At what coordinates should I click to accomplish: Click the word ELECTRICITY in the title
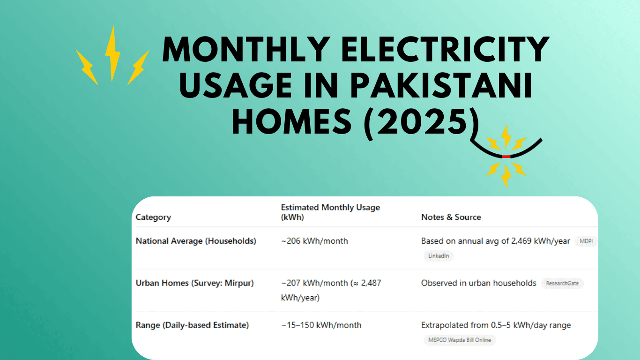click(445, 49)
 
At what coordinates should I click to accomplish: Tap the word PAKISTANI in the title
click(441, 85)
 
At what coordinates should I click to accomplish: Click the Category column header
click(153, 217)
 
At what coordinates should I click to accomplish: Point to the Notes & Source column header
click(451, 217)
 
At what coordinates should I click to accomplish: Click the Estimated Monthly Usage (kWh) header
click(330, 212)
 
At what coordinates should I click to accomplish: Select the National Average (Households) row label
click(196, 241)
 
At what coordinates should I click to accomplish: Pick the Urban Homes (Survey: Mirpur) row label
click(194, 283)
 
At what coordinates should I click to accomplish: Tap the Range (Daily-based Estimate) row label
click(192, 325)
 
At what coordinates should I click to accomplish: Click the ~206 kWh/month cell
click(314, 241)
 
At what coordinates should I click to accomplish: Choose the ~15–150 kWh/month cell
click(321, 325)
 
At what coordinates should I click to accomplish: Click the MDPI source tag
click(586, 241)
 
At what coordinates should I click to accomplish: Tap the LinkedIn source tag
click(439, 256)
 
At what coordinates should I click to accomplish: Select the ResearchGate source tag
click(562, 284)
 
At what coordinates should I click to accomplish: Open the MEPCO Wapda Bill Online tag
click(460, 340)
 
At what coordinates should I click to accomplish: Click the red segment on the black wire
click(506, 157)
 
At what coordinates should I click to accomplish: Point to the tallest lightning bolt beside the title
click(112, 54)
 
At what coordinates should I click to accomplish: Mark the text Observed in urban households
click(478, 283)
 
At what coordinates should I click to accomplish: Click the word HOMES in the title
click(292, 122)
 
